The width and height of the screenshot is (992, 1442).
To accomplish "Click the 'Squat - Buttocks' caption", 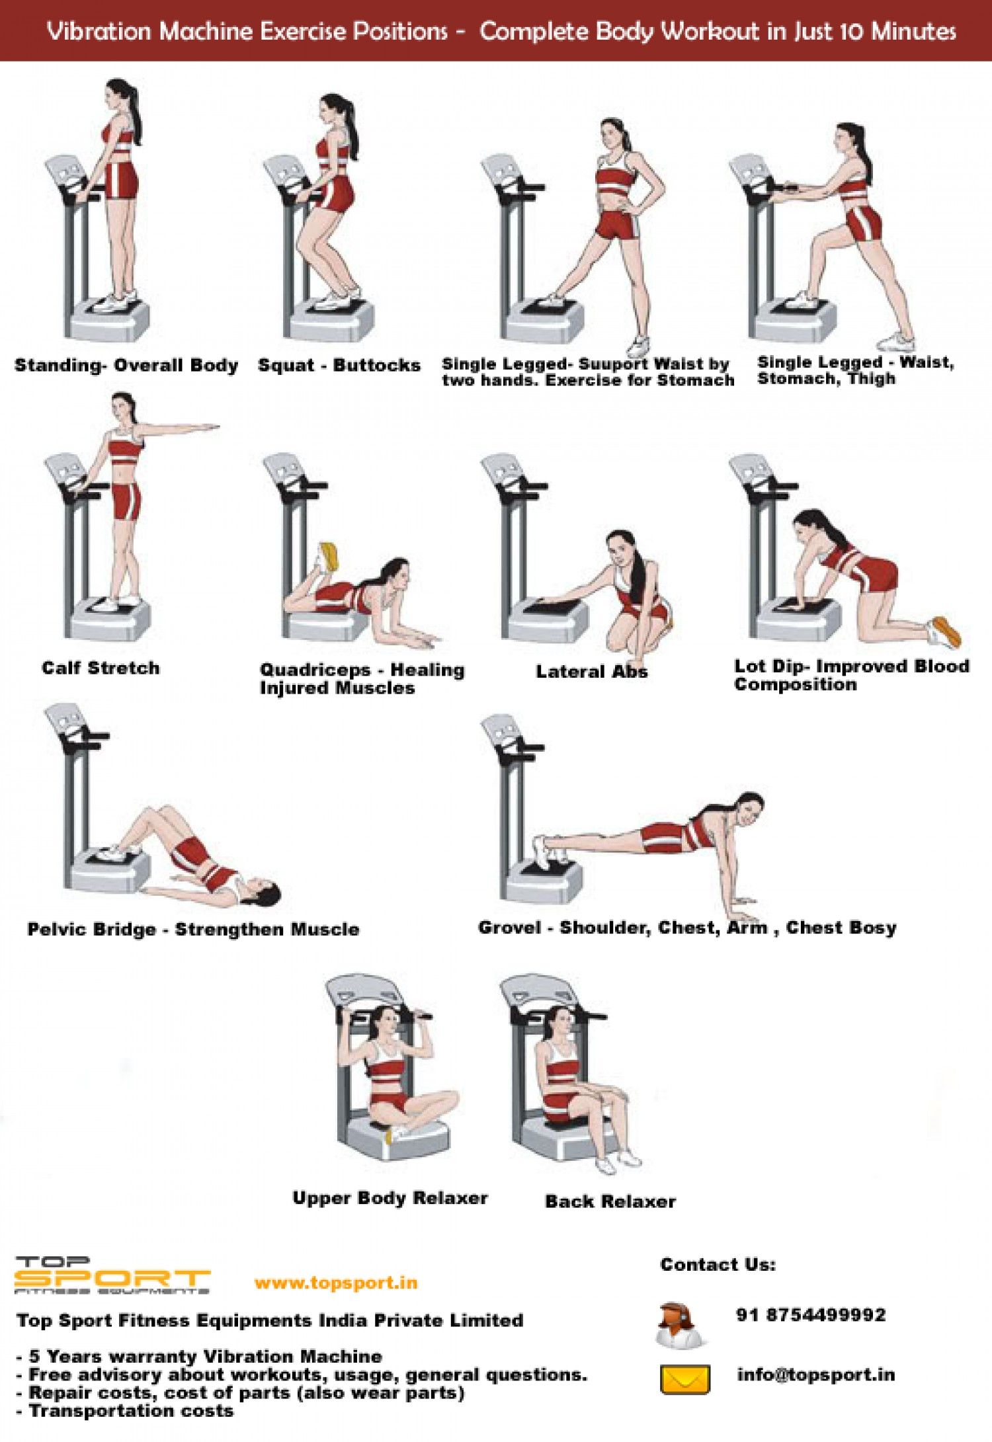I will (339, 365).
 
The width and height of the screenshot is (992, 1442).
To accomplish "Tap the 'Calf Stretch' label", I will (101, 668).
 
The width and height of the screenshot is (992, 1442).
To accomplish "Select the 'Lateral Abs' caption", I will (591, 672).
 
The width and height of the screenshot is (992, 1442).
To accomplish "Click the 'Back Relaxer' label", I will (610, 1201).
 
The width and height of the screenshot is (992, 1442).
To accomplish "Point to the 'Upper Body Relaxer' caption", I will (390, 1198).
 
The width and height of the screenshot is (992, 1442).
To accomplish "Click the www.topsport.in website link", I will (336, 1283).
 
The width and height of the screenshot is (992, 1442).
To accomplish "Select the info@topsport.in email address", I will (816, 1375).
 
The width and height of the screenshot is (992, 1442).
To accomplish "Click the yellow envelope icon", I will (685, 1379).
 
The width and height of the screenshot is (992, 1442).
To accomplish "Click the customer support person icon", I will (680, 1325).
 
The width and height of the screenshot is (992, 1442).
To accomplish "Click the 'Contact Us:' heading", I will (718, 1264).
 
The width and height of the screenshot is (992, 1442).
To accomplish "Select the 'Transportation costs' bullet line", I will (131, 1411).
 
